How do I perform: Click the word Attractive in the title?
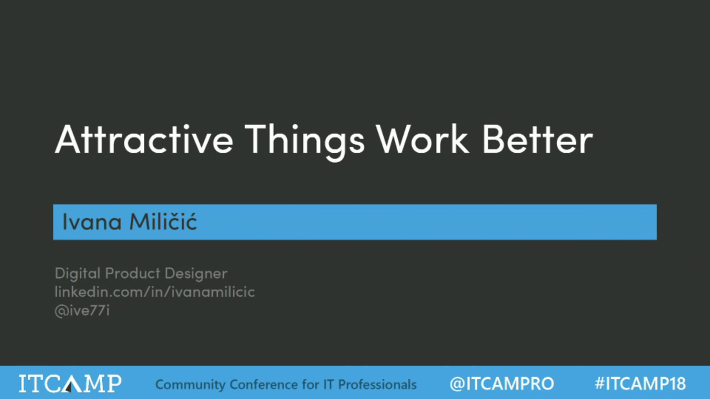[144, 139]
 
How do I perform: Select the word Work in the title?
[422, 139]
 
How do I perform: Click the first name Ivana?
[92, 221]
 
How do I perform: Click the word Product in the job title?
[133, 273]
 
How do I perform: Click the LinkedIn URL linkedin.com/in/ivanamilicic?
[155, 292]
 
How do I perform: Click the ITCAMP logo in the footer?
[70, 384]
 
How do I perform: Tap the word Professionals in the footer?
[377, 384]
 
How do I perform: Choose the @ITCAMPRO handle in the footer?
[502, 384]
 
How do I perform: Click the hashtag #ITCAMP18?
[640, 384]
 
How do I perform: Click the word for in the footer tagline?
[311, 384]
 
